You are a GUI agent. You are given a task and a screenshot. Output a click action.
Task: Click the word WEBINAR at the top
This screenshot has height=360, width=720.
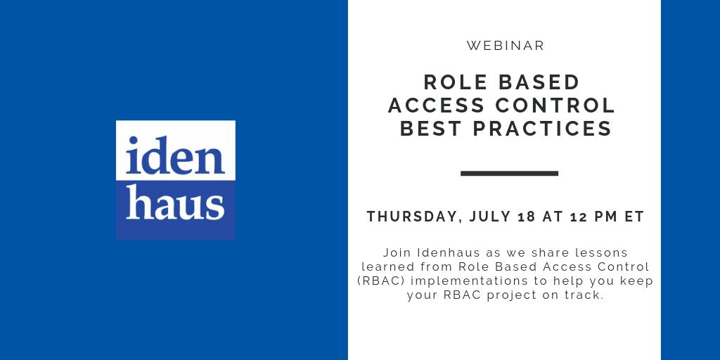click(x=506, y=46)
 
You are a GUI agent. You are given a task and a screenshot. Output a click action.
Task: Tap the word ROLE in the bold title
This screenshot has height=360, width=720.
click(x=453, y=82)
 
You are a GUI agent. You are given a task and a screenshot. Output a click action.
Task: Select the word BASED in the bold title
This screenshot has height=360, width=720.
click(x=539, y=82)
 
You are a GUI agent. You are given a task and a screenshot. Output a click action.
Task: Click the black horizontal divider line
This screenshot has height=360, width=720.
click(x=509, y=173)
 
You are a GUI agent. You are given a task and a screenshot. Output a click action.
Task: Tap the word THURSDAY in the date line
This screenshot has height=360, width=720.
click(x=413, y=217)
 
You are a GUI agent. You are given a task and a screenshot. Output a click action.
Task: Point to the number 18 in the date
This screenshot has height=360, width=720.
click(x=527, y=217)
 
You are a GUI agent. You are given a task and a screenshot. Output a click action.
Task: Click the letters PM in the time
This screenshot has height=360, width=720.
click(x=605, y=217)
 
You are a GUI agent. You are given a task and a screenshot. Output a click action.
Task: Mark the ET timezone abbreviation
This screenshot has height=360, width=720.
click(x=635, y=217)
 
